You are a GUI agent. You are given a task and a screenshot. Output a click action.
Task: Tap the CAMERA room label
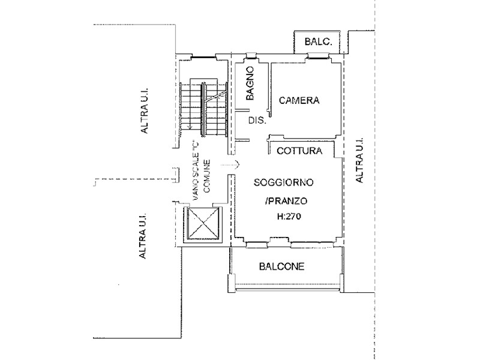298,101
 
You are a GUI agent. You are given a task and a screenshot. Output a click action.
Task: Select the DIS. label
257,121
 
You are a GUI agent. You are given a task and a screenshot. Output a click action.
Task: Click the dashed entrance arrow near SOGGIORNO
231,164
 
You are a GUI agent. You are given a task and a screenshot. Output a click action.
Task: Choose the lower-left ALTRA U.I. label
143,238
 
